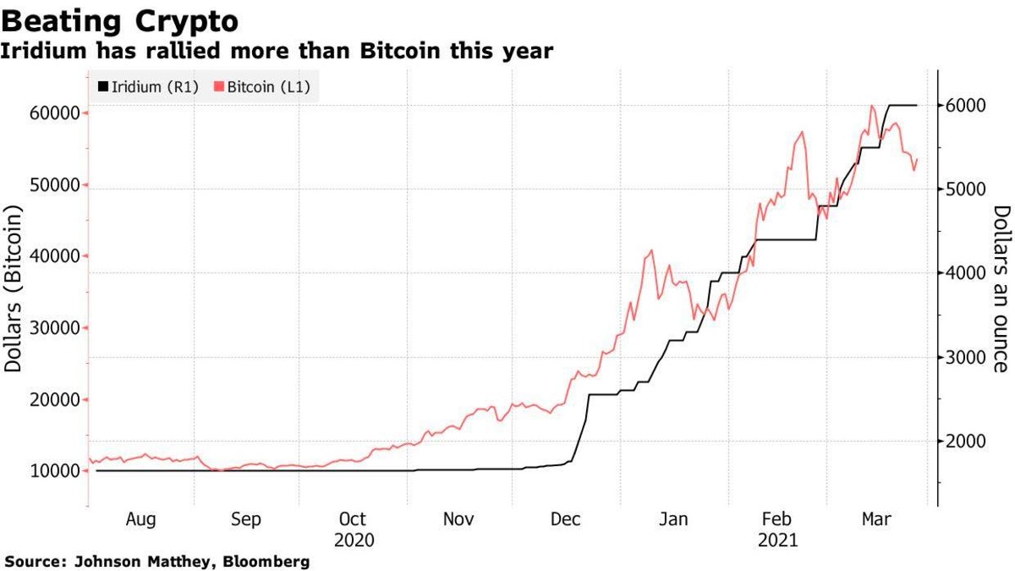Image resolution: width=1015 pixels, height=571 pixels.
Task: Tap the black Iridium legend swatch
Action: [103, 86]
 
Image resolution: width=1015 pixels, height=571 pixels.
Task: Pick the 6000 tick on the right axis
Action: [958, 105]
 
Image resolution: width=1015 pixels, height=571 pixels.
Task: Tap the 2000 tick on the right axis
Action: [958, 441]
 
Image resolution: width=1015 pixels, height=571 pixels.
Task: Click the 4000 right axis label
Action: [958, 273]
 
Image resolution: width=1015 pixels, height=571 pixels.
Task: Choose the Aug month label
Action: [140, 519]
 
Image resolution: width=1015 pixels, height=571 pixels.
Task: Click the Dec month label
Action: [566, 519]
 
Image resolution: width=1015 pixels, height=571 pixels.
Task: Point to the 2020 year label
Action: [353, 539]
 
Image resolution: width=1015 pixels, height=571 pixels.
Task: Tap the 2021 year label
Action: [779, 539]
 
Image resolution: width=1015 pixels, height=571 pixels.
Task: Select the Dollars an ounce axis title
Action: [1000, 288]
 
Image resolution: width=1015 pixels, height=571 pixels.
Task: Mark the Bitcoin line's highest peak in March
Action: [871, 106]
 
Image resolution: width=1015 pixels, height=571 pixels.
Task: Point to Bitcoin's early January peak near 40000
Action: [650, 250]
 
